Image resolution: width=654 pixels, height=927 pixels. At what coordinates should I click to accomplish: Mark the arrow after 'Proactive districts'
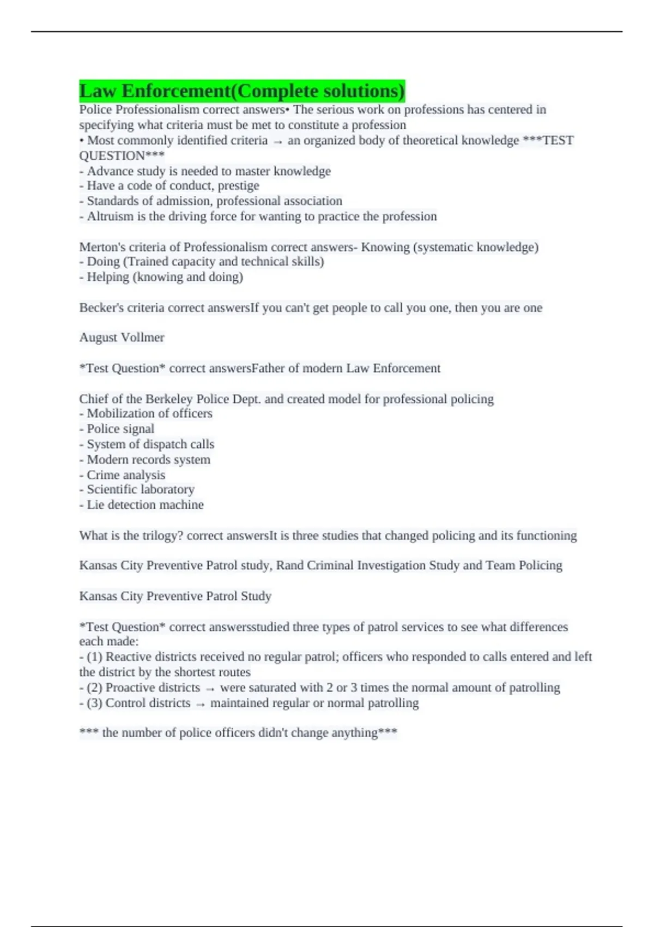210,689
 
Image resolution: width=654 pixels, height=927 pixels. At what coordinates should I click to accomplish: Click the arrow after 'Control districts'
201,704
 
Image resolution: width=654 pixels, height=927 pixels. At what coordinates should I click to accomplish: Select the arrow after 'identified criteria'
278,141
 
